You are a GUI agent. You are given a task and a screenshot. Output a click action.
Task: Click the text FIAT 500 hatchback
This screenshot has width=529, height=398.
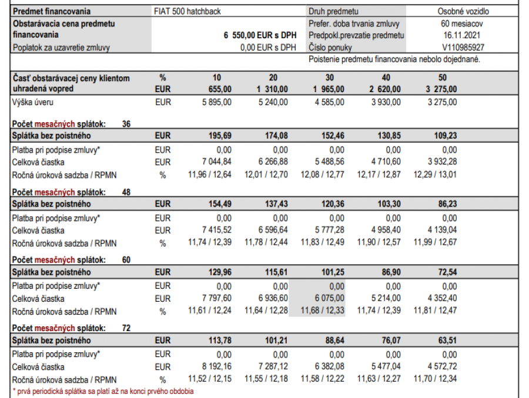[187, 11]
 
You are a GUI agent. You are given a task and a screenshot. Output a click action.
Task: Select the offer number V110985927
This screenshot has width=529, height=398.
[463, 47]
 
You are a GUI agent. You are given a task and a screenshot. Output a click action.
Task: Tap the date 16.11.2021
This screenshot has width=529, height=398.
[463, 35]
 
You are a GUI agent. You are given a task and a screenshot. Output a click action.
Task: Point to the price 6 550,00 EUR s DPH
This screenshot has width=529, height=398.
[260, 35]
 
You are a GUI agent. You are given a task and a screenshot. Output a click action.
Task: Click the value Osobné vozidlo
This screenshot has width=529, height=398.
[463, 11]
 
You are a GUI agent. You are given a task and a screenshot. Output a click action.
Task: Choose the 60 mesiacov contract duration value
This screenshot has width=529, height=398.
[463, 23]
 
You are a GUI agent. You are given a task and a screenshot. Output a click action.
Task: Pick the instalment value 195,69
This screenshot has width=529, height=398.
[221, 136]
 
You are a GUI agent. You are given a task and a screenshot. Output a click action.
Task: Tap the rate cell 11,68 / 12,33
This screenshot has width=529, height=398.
[323, 311]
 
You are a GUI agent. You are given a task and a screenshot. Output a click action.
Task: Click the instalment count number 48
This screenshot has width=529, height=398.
[126, 191]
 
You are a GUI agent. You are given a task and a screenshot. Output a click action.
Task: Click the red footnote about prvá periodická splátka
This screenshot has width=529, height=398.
[103, 391]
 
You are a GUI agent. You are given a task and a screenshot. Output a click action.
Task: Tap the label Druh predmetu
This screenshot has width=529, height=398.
[333, 11]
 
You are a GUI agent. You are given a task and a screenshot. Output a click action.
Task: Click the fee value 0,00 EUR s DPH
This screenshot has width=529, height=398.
[268, 48]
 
